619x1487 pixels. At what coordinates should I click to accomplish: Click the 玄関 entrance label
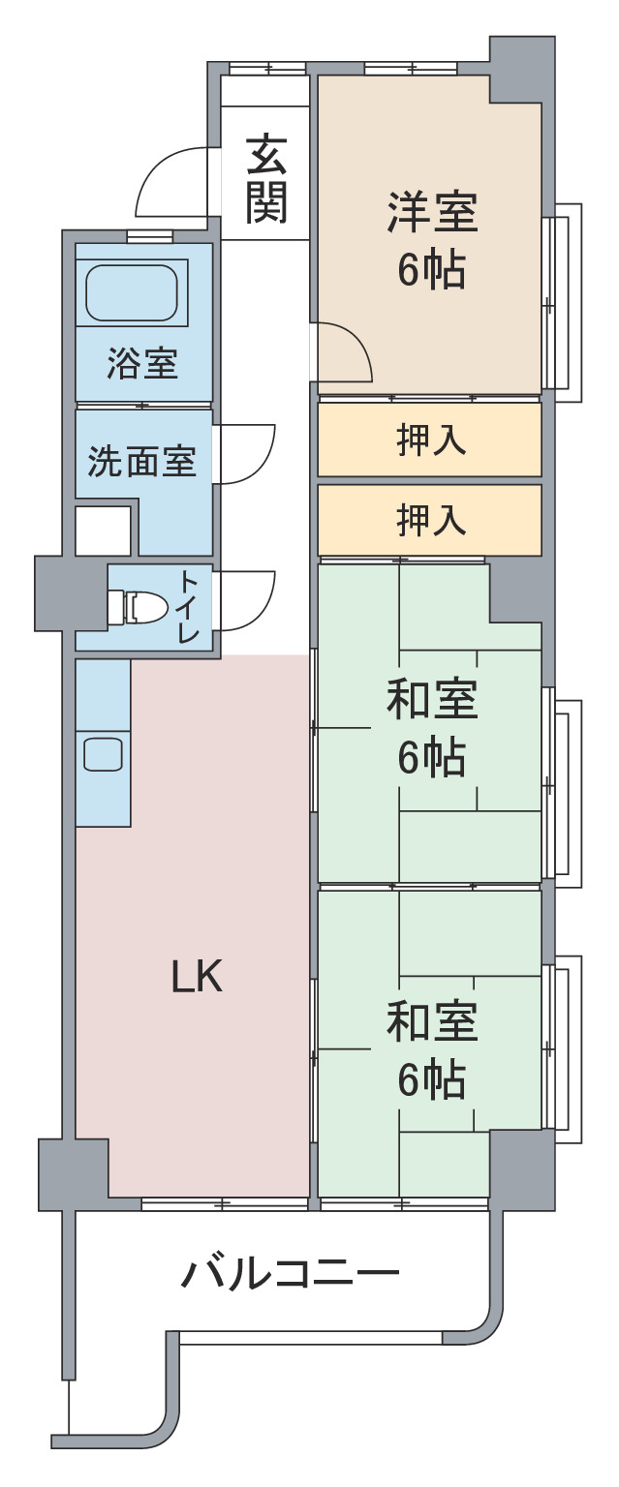pyautogui.click(x=266, y=179)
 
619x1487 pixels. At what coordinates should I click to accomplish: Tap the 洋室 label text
pyautogui.click(x=432, y=212)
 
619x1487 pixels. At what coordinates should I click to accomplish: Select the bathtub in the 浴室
pyautogui.click(x=132, y=292)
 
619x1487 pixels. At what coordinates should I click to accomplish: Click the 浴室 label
pyautogui.click(x=142, y=364)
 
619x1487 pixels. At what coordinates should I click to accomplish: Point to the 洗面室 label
pyautogui.click(x=142, y=461)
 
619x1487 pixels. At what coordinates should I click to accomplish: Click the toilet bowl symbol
pyautogui.click(x=139, y=607)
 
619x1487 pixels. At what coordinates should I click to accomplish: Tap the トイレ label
pyautogui.click(x=188, y=607)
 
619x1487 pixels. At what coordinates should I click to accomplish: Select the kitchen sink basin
pyautogui.click(x=103, y=754)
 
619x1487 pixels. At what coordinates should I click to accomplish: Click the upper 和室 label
pyautogui.click(x=432, y=699)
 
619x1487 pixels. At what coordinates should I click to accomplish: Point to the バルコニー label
pyautogui.click(x=291, y=1275)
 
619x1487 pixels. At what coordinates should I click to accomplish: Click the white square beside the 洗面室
pyautogui.click(x=103, y=531)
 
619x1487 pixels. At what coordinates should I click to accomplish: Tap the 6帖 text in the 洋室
pyautogui.click(x=432, y=269)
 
